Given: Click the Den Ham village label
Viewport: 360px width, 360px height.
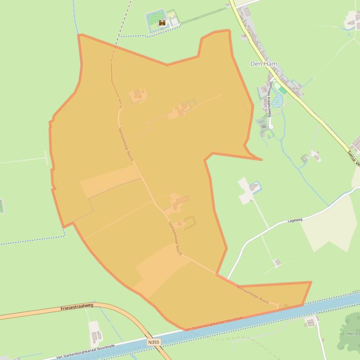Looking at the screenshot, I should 264,64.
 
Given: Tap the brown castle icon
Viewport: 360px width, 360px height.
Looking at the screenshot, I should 162,22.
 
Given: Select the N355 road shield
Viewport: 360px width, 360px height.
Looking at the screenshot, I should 154,343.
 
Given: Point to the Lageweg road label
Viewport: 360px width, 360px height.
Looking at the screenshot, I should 295,219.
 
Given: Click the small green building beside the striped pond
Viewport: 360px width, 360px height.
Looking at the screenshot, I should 282,90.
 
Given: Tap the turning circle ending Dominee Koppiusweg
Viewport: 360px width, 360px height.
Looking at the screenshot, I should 271,126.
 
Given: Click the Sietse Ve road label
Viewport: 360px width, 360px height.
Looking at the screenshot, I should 353,158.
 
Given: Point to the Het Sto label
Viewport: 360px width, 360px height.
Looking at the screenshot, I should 353,334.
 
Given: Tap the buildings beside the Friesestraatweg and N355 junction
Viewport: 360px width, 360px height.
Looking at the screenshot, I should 96,336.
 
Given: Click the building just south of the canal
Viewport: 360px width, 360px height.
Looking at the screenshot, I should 310,323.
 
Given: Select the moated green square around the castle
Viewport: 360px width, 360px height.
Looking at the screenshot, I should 155,20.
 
